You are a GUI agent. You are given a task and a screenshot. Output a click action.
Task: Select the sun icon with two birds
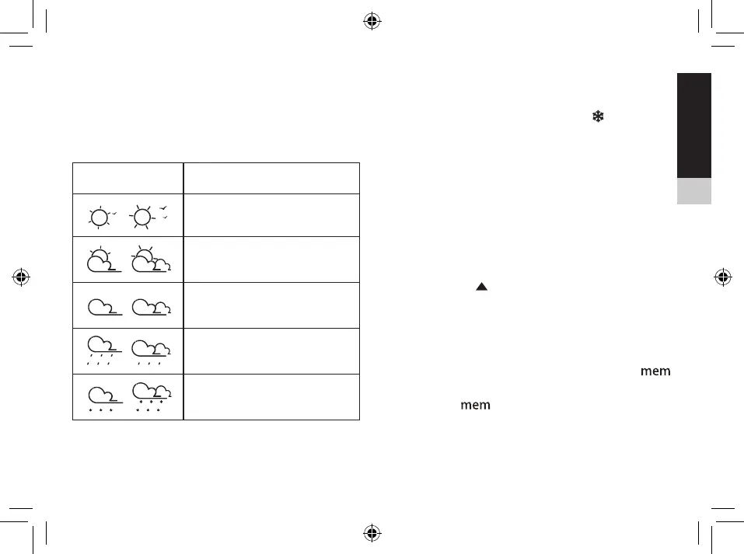146,215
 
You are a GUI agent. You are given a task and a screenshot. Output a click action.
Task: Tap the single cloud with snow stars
102,397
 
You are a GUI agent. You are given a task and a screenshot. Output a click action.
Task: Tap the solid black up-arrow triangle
481,287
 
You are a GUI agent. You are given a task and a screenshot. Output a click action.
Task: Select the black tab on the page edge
693,125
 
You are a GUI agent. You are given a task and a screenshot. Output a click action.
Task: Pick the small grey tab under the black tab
693,191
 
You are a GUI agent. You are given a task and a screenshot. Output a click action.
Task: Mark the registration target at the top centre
372,20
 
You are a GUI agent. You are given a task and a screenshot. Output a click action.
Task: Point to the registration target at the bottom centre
372,533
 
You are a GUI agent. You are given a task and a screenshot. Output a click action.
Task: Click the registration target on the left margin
20,277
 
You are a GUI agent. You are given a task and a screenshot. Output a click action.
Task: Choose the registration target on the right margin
723,277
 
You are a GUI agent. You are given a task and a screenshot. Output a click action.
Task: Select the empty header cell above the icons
127,178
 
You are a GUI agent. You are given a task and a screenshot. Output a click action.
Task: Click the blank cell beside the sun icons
271,215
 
